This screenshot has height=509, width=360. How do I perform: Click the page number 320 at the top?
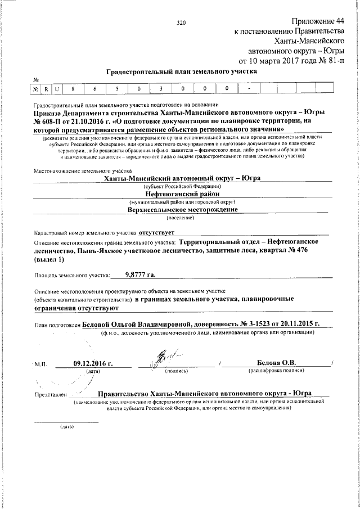[181, 23]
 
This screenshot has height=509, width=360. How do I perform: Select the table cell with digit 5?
[115, 89]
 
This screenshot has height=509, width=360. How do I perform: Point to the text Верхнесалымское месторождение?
[182, 209]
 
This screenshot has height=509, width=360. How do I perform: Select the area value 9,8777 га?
[139, 274]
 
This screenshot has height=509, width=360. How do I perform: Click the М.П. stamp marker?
[40, 364]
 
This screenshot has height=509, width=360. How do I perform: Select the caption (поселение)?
[182, 217]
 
